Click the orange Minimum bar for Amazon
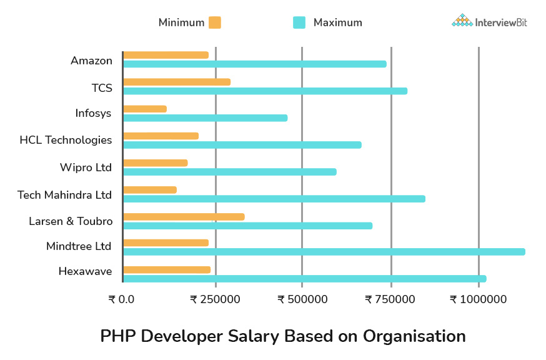tap(166, 55)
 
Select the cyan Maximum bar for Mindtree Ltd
tap(324, 252)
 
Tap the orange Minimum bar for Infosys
tap(145, 109)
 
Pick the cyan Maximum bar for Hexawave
tap(304, 279)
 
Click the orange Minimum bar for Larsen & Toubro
tap(184, 217)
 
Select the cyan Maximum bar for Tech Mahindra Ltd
tap(274, 199)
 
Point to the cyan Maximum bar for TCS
tap(265, 91)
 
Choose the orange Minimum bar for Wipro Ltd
tap(155, 163)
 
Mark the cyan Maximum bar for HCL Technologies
tap(242, 145)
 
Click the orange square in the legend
tap(215, 22)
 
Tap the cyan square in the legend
tap(299, 22)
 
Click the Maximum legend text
tap(337, 22)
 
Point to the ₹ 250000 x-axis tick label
tap(215, 299)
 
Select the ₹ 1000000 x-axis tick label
tap(478, 299)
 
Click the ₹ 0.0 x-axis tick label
tap(121, 299)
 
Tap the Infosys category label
tap(93, 114)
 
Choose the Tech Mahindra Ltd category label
tap(65, 195)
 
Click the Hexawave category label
tap(86, 271)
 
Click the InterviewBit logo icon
tap(462, 21)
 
